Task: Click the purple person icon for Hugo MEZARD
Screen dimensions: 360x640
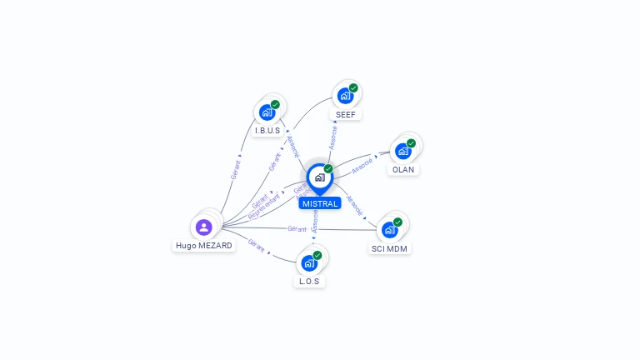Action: point(204,227)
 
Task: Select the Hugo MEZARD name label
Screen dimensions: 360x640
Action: point(204,246)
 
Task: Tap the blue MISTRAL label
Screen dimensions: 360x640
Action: point(320,203)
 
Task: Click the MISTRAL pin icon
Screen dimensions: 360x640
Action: point(319,177)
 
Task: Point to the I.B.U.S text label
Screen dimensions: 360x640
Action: point(267,131)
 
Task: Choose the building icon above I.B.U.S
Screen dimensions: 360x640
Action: point(267,112)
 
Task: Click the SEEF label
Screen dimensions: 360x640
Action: point(346,114)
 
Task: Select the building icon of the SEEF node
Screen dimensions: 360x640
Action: point(345,95)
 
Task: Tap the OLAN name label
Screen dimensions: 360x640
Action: point(403,169)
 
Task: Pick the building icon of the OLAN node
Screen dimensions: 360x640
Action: point(403,151)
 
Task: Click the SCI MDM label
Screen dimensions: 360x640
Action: point(390,248)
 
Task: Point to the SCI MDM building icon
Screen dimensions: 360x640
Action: point(389,229)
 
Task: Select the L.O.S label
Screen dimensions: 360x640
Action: point(309,281)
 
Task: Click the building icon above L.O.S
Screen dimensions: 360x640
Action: point(309,263)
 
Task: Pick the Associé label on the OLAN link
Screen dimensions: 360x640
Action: point(362,166)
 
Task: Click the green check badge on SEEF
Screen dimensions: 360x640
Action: point(353,87)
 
